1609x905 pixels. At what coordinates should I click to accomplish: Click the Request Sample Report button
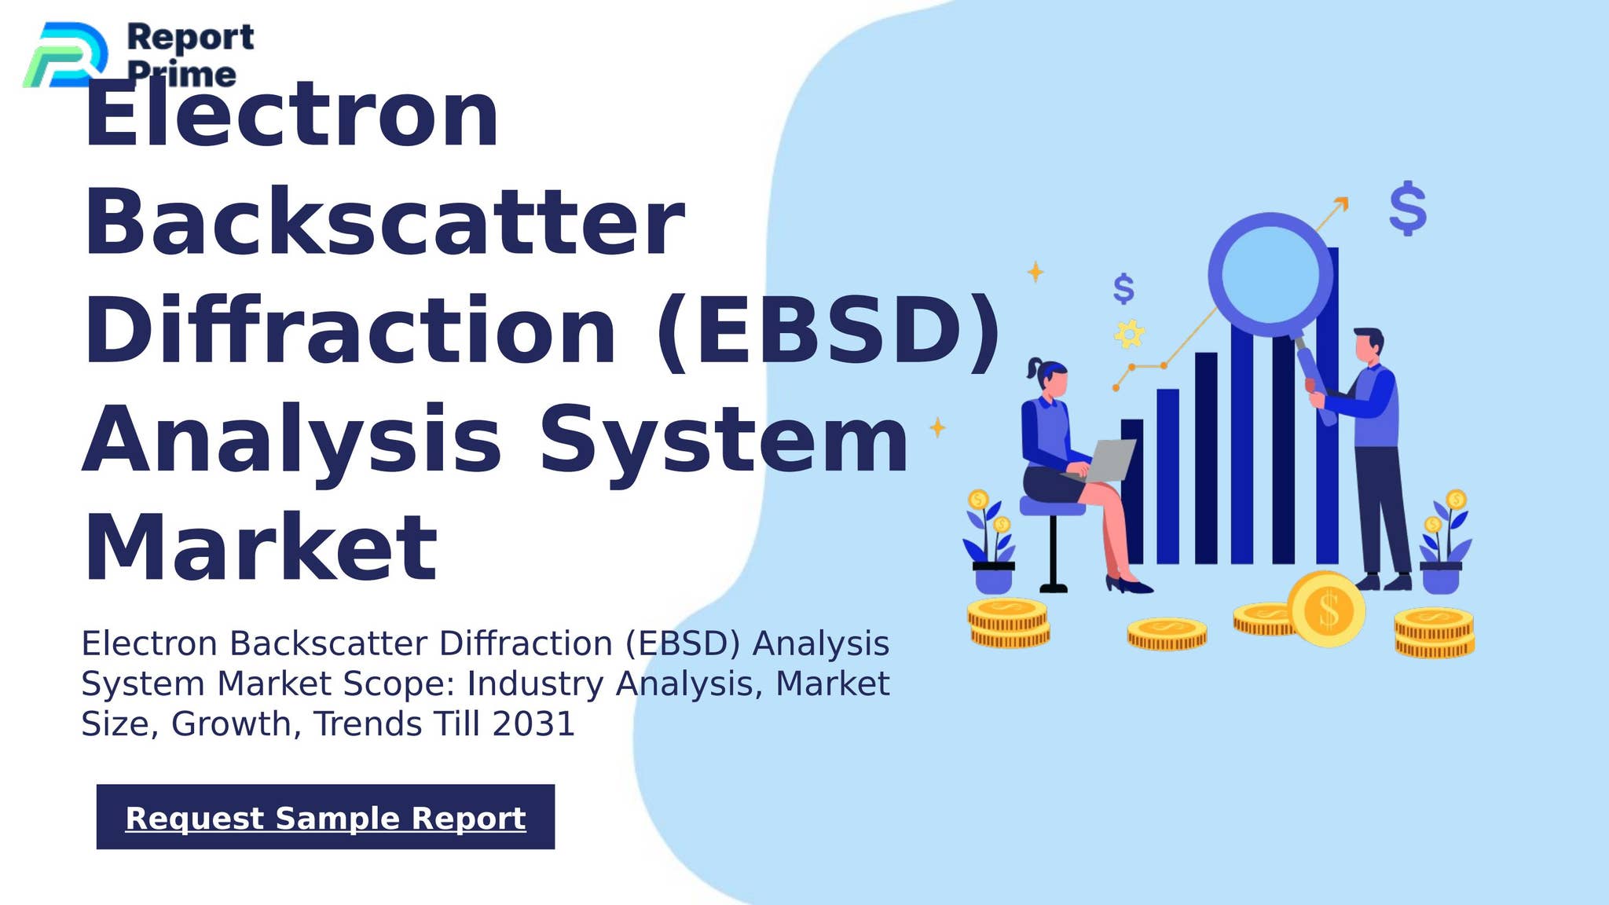(x=325, y=817)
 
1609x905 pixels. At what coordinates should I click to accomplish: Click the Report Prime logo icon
(x=66, y=55)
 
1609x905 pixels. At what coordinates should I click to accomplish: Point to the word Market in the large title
(x=260, y=548)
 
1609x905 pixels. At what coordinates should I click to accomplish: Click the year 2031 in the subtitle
(x=533, y=724)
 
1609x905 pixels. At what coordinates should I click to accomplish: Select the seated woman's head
(x=1051, y=379)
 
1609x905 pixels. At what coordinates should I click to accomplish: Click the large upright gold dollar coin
(x=1326, y=610)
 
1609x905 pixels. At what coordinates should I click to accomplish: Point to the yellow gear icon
(x=1129, y=335)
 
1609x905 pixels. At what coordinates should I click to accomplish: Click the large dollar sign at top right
(x=1407, y=208)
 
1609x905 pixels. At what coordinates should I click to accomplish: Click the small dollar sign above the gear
(x=1123, y=289)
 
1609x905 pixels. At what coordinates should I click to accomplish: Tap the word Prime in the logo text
(x=181, y=75)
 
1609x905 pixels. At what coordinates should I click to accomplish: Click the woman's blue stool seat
(x=1051, y=507)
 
